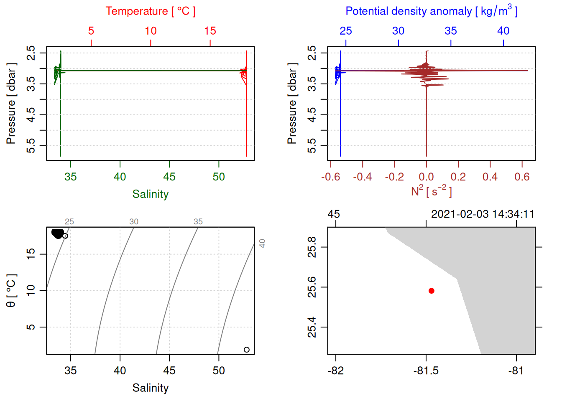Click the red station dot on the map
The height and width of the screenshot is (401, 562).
pyautogui.click(x=432, y=291)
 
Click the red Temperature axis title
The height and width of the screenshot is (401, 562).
pyautogui.click(x=150, y=11)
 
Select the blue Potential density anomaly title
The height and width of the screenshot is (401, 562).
pyautogui.click(x=431, y=11)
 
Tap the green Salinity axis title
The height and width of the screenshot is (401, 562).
pyautogui.click(x=150, y=194)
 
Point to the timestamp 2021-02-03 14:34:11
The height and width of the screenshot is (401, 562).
pyautogui.click(x=483, y=214)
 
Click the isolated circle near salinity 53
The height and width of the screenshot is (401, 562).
pyautogui.click(x=247, y=350)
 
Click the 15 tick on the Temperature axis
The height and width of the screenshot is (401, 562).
pyautogui.click(x=210, y=31)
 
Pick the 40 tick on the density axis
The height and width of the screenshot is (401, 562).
pyautogui.click(x=503, y=31)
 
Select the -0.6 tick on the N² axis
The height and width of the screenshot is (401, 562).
pyautogui.click(x=330, y=177)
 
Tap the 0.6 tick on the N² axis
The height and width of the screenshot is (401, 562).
pyautogui.click(x=522, y=177)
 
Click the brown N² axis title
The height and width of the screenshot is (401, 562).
pyautogui.click(x=431, y=191)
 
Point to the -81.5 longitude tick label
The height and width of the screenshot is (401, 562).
pyautogui.click(x=426, y=371)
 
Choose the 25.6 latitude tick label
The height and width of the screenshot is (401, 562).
pyautogui.click(x=312, y=287)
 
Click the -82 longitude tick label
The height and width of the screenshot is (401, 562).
pyautogui.click(x=336, y=371)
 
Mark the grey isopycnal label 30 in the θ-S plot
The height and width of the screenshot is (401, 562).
pyautogui.click(x=134, y=222)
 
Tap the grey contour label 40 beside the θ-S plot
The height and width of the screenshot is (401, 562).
pyautogui.click(x=262, y=244)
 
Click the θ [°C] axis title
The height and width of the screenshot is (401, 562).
pyautogui.click(x=11, y=291)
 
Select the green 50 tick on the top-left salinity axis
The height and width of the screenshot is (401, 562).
pyautogui.click(x=219, y=177)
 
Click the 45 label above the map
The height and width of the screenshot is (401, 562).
pyautogui.click(x=334, y=214)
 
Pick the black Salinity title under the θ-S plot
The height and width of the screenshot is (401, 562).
pyautogui.click(x=150, y=388)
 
